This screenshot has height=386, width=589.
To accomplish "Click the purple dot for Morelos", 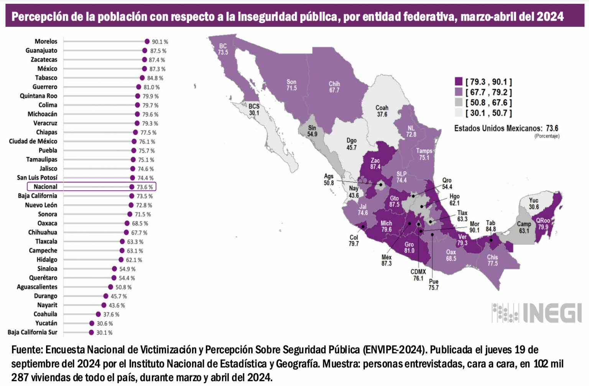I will (147, 41).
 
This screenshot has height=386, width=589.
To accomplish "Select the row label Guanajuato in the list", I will (41, 51).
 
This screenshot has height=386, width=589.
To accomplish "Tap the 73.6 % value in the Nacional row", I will (145, 187).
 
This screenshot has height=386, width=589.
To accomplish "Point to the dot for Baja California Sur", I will (91, 332).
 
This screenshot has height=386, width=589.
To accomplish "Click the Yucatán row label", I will (46, 323).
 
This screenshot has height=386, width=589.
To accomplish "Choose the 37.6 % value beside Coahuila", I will (111, 314).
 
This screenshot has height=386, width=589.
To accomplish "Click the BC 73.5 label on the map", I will (223, 49).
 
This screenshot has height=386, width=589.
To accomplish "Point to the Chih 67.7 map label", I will (334, 87).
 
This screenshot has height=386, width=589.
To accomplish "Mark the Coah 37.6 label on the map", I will (382, 111).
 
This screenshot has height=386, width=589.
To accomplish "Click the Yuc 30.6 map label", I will (534, 204).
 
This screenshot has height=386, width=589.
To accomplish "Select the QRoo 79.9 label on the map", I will (543, 223).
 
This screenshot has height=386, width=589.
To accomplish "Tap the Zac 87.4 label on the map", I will (375, 164).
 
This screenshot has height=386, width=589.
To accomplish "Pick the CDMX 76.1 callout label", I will (418, 275).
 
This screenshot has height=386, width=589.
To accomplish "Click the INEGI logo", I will (537, 313).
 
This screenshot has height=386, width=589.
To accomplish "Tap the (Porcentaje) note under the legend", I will (547, 136).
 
